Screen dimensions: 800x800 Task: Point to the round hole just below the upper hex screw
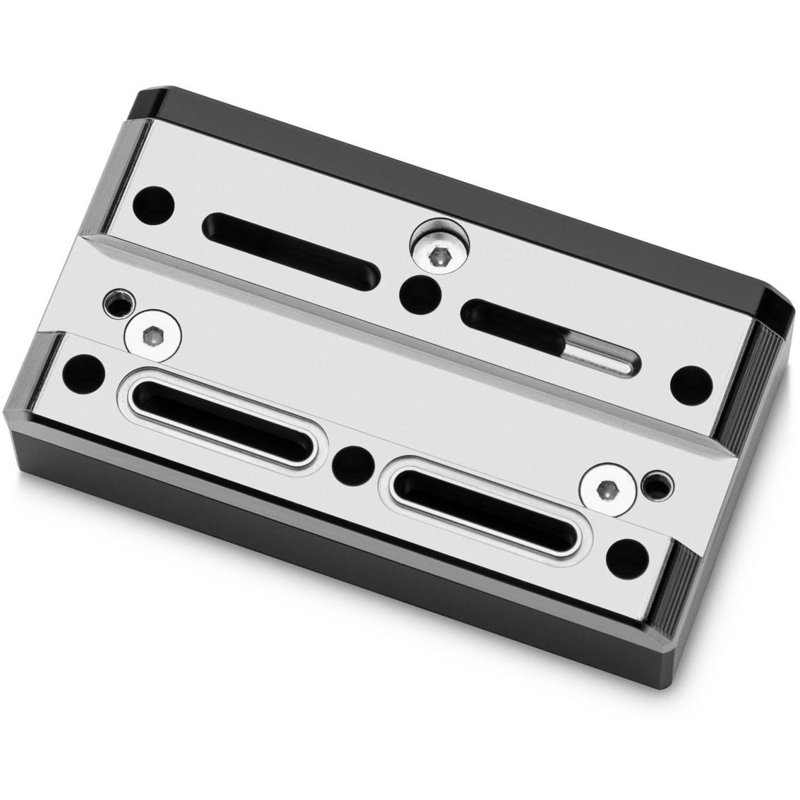tap(421, 296)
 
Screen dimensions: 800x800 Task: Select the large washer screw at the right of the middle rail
tap(605, 490)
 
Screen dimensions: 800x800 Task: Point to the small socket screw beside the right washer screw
tap(656, 484)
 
